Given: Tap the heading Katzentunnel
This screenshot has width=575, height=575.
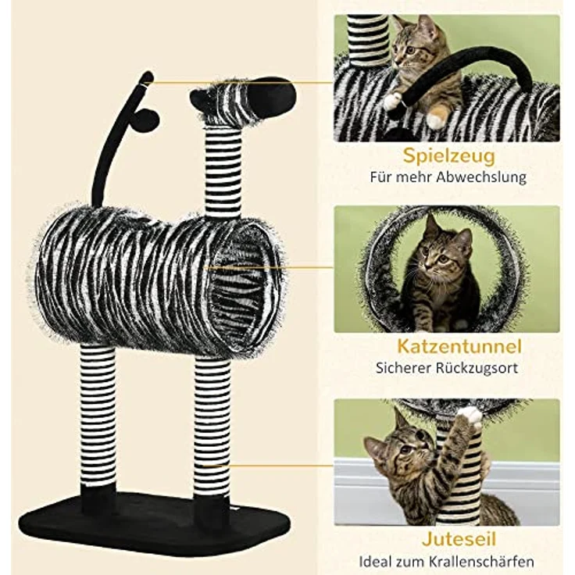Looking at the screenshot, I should click(447, 345).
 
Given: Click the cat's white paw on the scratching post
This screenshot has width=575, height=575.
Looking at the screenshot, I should click(470, 415).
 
